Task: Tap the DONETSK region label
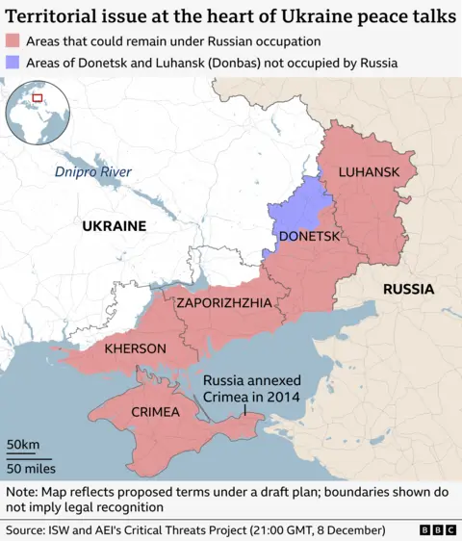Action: (x=309, y=236)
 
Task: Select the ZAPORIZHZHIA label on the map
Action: (x=223, y=302)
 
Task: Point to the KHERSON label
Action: (x=136, y=348)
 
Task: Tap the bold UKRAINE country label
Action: (x=113, y=226)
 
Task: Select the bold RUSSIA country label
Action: (x=408, y=289)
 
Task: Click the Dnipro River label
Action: (x=92, y=172)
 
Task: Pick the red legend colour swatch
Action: (x=13, y=41)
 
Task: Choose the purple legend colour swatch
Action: (x=13, y=63)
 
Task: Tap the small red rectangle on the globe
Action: (x=38, y=97)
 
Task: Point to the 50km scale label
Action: (x=23, y=444)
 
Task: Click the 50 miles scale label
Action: (x=31, y=468)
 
